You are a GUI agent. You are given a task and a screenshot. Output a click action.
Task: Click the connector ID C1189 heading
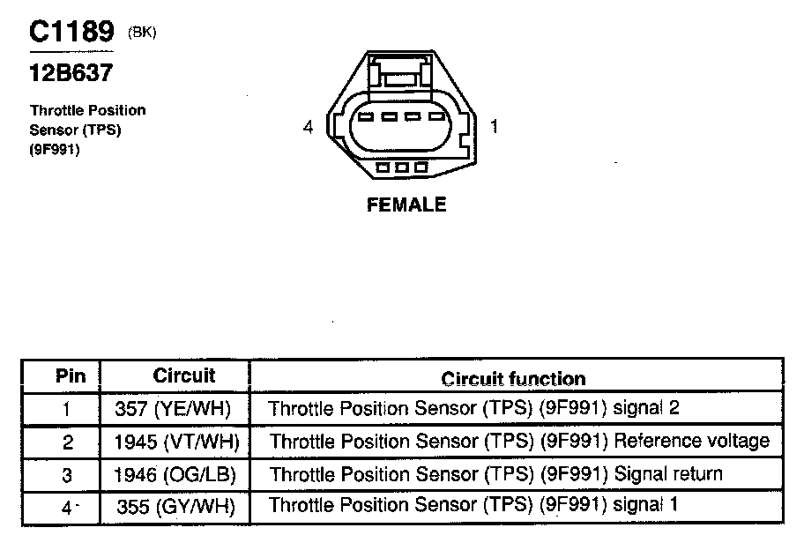[x=71, y=33]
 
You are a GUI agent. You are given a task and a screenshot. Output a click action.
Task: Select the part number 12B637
[x=71, y=73]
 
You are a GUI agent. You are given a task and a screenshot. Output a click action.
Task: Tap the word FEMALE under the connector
[x=406, y=204]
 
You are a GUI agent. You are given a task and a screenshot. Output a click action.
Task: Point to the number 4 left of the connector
[x=308, y=128]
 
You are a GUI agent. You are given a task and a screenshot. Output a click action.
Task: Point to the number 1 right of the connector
[x=495, y=127]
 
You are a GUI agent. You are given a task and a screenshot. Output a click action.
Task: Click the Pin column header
[x=71, y=376]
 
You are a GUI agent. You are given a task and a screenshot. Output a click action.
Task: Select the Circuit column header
[x=184, y=375]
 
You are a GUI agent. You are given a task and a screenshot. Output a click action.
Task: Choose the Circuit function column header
[x=513, y=379]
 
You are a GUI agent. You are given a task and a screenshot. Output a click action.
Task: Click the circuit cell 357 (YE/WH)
[x=176, y=409]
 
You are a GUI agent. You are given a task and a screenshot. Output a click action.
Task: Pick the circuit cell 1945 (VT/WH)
[x=177, y=441]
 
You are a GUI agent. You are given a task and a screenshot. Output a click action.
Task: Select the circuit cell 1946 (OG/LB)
[x=175, y=474]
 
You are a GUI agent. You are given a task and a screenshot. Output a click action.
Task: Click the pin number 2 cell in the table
[x=68, y=442]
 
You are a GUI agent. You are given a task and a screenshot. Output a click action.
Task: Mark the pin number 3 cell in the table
[x=67, y=475]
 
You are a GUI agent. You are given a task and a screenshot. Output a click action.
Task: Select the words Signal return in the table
[x=668, y=474]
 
